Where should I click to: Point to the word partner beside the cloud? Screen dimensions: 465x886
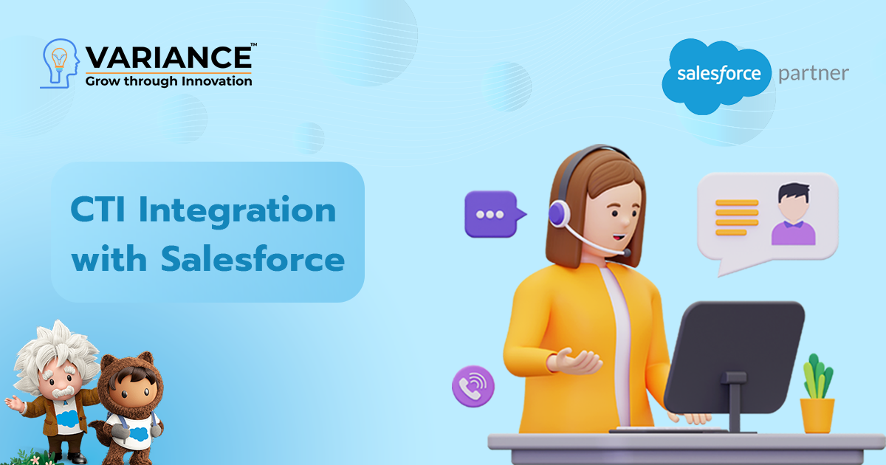pyautogui.click(x=814, y=74)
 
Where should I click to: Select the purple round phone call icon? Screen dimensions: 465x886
pyautogui.click(x=473, y=386)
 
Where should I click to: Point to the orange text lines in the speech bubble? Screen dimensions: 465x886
pyautogui.click(x=737, y=217)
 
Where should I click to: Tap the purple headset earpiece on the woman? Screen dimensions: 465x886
pyautogui.click(x=558, y=214)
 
